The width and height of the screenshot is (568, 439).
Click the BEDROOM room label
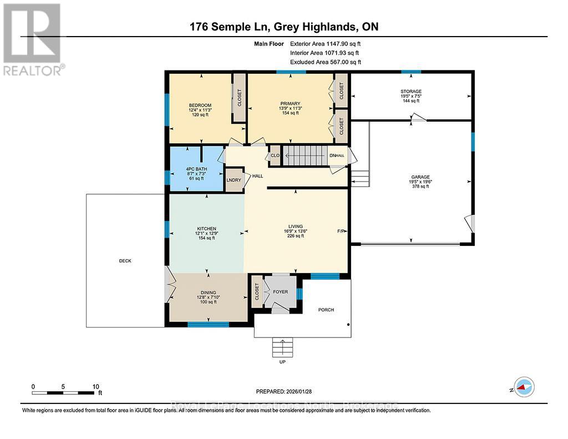pyautogui.click(x=200, y=105)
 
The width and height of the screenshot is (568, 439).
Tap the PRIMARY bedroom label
pyautogui.click(x=290, y=103)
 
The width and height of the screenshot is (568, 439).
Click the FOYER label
pyautogui.click(x=280, y=290)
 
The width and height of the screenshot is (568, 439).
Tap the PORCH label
pyautogui.click(x=326, y=310)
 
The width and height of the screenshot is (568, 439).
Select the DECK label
pyautogui.click(x=125, y=261)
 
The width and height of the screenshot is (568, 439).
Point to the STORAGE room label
pyautogui.click(x=411, y=92)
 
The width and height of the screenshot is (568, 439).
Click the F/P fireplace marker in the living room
pyautogui.click(x=341, y=231)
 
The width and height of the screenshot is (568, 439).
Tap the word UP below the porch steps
pyautogui.click(x=283, y=362)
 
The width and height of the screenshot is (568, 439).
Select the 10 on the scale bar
pyautogui.click(x=95, y=386)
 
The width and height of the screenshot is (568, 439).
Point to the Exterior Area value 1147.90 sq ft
pyautogui.click(x=337, y=43)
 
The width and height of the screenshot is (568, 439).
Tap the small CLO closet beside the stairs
pyautogui.click(x=275, y=156)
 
